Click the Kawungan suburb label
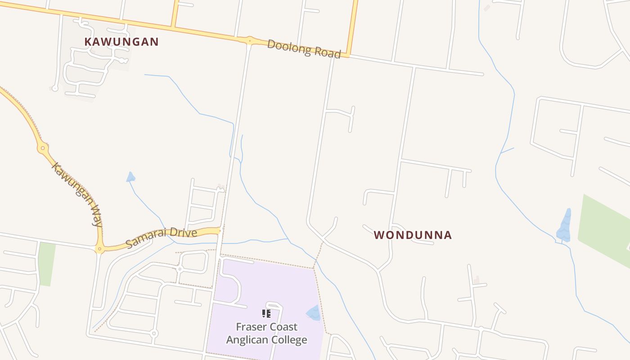[121, 42]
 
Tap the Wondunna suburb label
[413, 235]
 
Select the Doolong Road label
[304, 48]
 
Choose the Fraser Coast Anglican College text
[267, 333]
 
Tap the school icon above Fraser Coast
[266, 313]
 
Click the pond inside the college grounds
[314, 313]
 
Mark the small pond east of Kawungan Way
[130, 177]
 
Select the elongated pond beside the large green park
[564, 226]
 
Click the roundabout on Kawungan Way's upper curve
[43, 148]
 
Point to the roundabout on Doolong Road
[249, 40]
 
